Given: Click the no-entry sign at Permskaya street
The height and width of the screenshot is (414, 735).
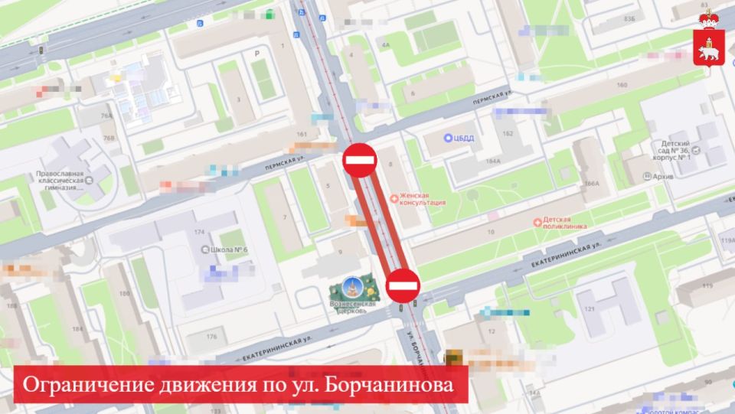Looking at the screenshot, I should (x=359, y=160).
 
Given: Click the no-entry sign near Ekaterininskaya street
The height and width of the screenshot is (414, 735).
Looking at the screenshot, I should (x=403, y=285).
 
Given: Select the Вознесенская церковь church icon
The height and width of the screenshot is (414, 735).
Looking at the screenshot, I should (x=352, y=291).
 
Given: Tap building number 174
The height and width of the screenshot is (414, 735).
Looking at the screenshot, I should (x=200, y=230).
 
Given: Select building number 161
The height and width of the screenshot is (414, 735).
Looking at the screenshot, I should (x=301, y=134).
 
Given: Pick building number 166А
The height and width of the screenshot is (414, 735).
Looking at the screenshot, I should (x=591, y=184).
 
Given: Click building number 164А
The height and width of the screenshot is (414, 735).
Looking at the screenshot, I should (x=492, y=161).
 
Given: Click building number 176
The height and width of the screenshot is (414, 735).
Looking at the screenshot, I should (x=212, y=336).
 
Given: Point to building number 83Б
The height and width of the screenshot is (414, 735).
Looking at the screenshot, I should (x=629, y=18).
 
